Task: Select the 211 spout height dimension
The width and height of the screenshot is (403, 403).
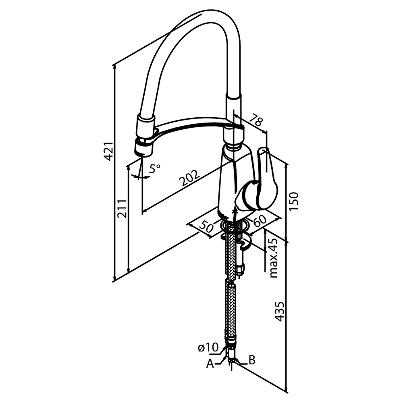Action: click(x=123, y=208)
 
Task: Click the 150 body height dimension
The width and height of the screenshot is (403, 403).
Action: click(x=293, y=201)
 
